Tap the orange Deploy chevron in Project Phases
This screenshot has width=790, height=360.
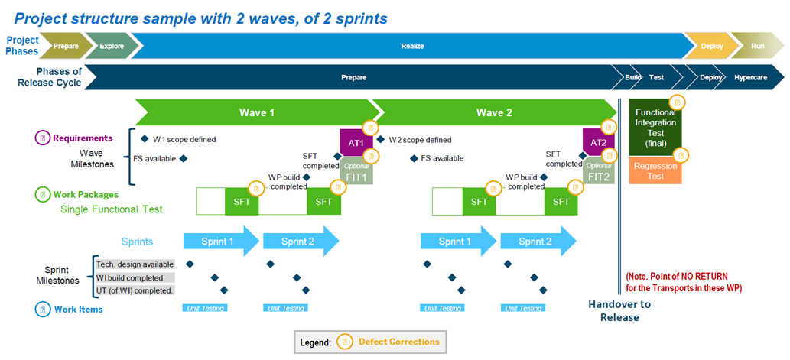coord(710,46)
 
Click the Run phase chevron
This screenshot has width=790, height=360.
coord(756,46)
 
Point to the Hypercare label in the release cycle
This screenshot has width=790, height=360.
coord(750,77)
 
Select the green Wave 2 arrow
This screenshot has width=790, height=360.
coord(493,112)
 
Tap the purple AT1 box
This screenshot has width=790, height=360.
coord(356,142)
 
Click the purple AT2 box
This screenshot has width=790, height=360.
coord(598,142)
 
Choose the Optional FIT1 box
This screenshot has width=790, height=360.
coord(357,172)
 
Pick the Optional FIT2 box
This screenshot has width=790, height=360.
coord(599,172)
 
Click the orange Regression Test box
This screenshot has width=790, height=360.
coord(655,171)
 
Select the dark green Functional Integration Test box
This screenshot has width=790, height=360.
coord(655,128)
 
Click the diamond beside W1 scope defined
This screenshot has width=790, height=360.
coord(145,139)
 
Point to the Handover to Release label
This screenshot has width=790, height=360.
coord(619,310)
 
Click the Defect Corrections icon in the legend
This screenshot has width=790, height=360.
coord(346,342)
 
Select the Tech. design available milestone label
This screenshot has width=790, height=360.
coord(135,264)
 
